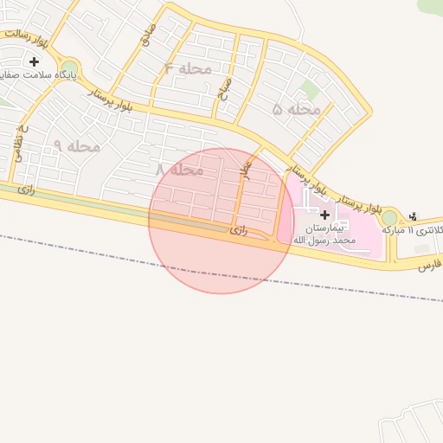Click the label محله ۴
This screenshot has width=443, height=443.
(x=187, y=67)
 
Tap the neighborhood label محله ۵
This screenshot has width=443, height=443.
(x=297, y=109)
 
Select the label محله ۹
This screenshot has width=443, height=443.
(x=77, y=146)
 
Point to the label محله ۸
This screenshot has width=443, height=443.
(x=179, y=170)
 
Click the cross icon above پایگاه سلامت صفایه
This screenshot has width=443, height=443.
(x=34, y=61)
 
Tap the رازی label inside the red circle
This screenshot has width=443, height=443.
(x=240, y=231)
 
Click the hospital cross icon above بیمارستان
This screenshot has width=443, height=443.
(x=324, y=214)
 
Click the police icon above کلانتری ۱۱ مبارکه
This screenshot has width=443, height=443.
(x=413, y=215)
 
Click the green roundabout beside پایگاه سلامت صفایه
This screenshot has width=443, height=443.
(x=69, y=67)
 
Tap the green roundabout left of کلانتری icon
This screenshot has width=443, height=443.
(x=389, y=217)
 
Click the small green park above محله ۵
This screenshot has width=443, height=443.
(x=310, y=89)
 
